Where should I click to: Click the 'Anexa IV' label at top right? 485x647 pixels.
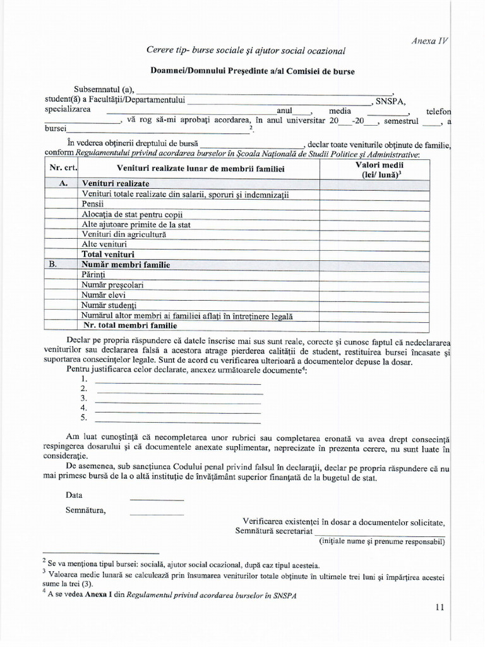pyautogui.click(x=429, y=40)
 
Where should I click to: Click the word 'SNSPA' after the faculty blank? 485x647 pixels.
pyautogui.click(x=390, y=100)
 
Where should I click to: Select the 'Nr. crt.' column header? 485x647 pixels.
pyautogui.click(x=62, y=169)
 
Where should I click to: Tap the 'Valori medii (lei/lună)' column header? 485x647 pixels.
pyautogui.click(x=375, y=169)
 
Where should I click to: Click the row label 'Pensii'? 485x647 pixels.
pyautogui.click(x=93, y=204)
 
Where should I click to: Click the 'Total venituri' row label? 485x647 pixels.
pyautogui.click(x=108, y=255)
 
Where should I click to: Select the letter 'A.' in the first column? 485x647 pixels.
pyautogui.click(x=63, y=183)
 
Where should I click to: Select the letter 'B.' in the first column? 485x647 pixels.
pyautogui.click(x=53, y=265)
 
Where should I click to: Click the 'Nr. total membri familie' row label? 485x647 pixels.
pyautogui.click(x=130, y=326)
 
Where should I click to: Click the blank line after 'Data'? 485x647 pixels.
pyautogui.click(x=157, y=497)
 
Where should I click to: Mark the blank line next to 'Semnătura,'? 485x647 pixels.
pyautogui.click(x=157, y=511)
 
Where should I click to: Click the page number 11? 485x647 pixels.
pyautogui.click(x=440, y=607)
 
